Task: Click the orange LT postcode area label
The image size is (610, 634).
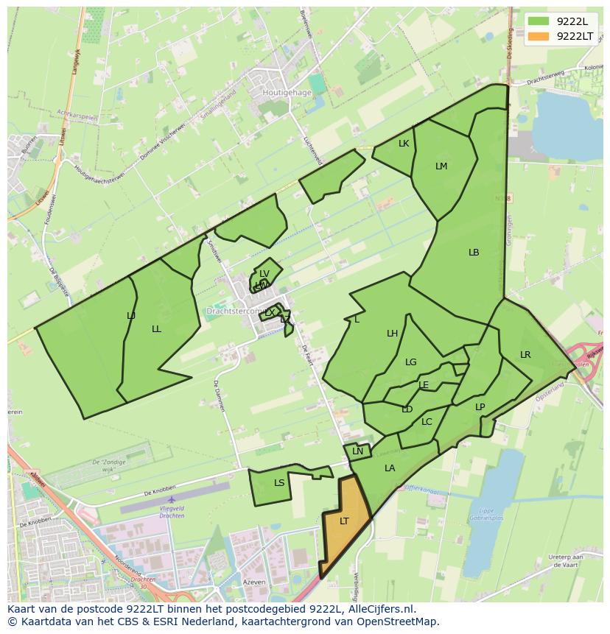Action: (x=344, y=521)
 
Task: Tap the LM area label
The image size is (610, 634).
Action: (x=441, y=166)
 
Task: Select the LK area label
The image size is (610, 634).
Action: (x=404, y=144)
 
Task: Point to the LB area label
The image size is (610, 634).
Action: (x=474, y=253)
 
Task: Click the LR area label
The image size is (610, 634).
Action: (x=525, y=355)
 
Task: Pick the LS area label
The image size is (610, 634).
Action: (x=279, y=484)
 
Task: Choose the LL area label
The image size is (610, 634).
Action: (x=156, y=329)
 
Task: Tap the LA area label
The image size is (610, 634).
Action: (x=390, y=468)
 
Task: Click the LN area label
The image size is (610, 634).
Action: (x=358, y=452)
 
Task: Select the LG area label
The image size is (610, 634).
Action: (x=411, y=362)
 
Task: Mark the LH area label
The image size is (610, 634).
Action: (x=393, y=334)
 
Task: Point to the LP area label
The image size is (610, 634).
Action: (x=480, y=407)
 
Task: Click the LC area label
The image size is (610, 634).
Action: (x=427, y=423)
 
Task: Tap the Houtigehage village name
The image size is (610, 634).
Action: (x=287, y=94)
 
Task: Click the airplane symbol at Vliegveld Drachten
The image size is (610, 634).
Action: (x=171, y=500)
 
